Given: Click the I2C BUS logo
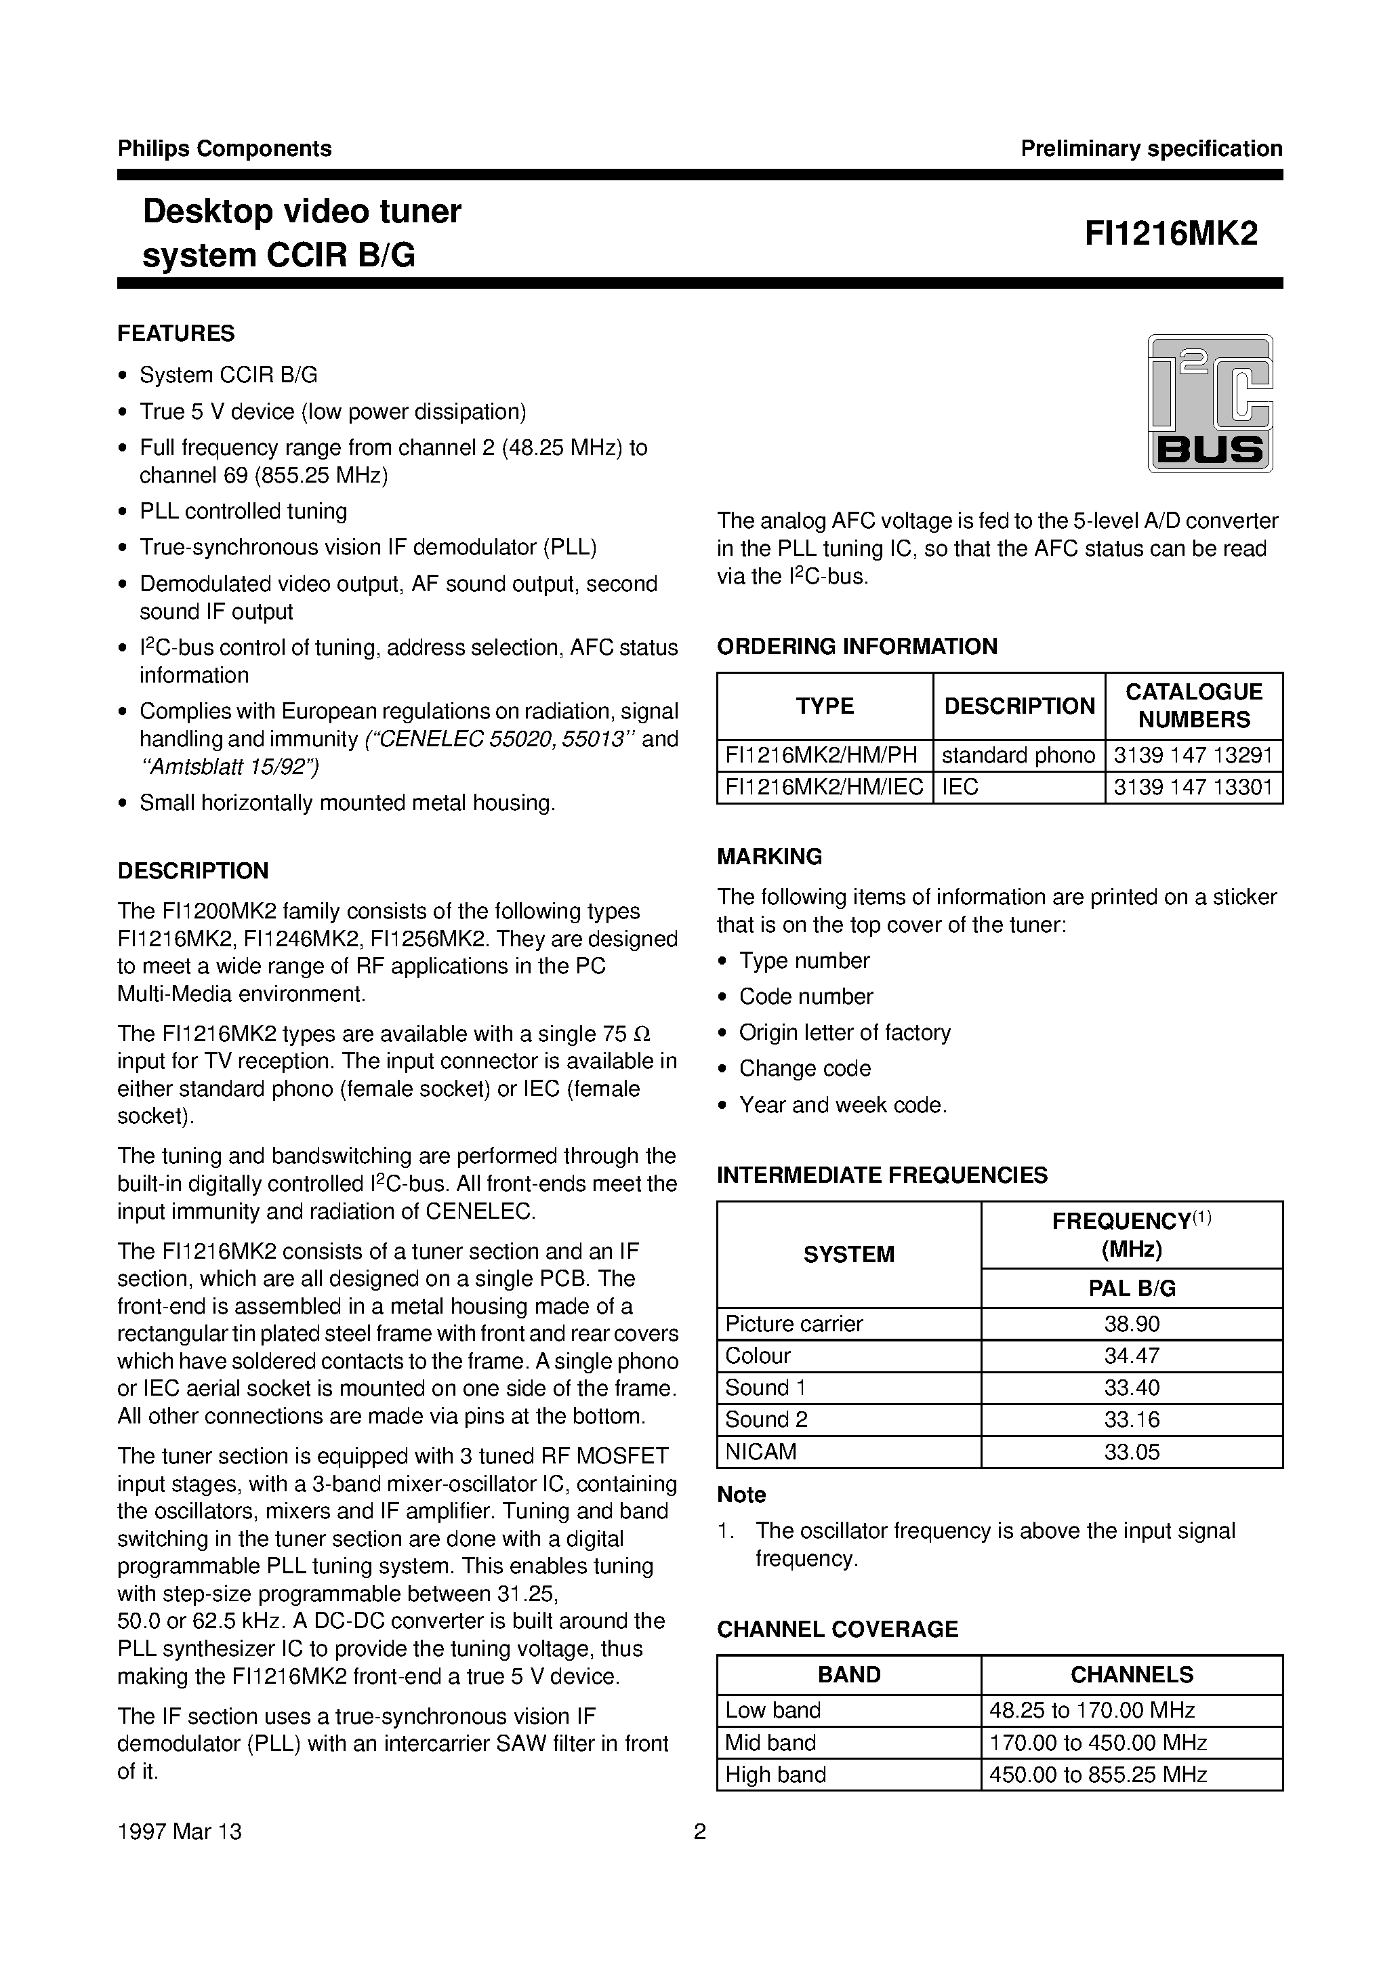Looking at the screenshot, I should click(x=1210, y=403).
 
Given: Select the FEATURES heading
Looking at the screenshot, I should click(x=176, y=333).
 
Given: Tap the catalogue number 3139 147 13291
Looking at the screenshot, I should click(x=1193, y=755).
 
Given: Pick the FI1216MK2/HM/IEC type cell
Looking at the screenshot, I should click(x=823, y=787).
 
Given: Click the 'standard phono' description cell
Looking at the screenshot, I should click(x=1018, y=755).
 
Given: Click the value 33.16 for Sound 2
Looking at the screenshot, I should click(x=1131, y=1420).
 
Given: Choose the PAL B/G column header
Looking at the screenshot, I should click(x=1131, y=1289).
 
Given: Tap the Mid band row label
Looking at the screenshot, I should click(x=770, y=1743).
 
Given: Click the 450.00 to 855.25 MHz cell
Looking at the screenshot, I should click(x=1097, y=1775).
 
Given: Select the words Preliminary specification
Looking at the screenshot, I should click(x=1151, y=148).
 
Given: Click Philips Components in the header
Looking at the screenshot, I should click(x=224, y=148).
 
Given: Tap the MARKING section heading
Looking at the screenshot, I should click(x=769, y=856).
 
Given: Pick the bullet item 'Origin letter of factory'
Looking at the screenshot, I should click(x=844, y=1032).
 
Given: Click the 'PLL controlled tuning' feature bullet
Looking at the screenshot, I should click(x=243, y=511).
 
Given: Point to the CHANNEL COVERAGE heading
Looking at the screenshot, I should click(x=838, y=1629).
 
